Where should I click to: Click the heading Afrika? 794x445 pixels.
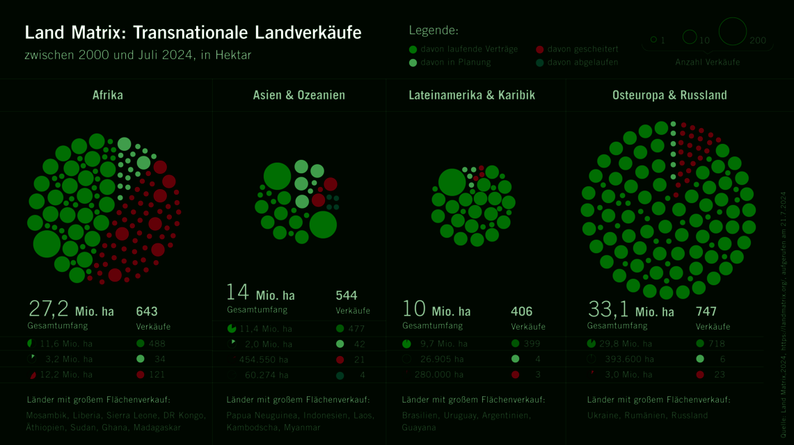pyautogui.click(x=107, y=95)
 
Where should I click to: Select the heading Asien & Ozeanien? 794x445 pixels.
pyautogui.click(x=299, y=95)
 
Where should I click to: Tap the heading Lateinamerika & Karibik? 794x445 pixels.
pyautogui.click(x=472, y=95)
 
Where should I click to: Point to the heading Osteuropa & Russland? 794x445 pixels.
pyautogui.click(x=669, y=95)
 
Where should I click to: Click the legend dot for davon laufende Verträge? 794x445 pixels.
pyautogui.click(x=413, y=49)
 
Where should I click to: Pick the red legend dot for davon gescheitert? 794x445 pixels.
pyautogui.click(x=540, y=49)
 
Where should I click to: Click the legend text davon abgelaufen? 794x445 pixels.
pyautogui.click(x=582, y=62)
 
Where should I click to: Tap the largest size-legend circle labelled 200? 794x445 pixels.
pyautogui.click(x=732, y=32)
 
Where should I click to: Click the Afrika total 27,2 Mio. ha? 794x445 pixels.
pyautogui.click(x=71, y=310)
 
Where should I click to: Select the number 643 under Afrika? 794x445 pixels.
pyautogui.click(x=147, y=311)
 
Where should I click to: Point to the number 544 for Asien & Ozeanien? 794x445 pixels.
pyautogui.click(x=347, y=296)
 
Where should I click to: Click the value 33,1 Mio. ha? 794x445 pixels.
pyautogui.click(x=630, y=310)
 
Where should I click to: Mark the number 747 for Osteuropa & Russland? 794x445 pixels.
pyautogui.click(x=706, y=311)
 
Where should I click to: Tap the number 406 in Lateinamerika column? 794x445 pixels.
pyautogui.click(x=522, y=311)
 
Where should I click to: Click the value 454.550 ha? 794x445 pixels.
pyautogui.click(x=264, y=359)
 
